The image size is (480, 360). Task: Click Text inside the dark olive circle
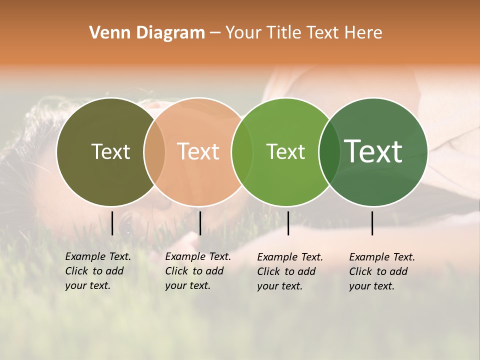[110, 151]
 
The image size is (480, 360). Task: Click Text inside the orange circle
[198, 151]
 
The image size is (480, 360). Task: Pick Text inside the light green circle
[285, 151]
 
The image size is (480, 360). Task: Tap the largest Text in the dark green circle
[373, 151]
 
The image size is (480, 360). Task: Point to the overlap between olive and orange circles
[154, 152]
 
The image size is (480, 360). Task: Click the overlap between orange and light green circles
[242, 152]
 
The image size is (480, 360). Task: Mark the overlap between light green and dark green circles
[329, 152]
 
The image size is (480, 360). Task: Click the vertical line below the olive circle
[112, 223]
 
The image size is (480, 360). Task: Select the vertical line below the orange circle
[200, 223]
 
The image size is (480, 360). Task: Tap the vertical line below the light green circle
[288, 223]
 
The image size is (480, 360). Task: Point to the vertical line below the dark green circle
[372, 223]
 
